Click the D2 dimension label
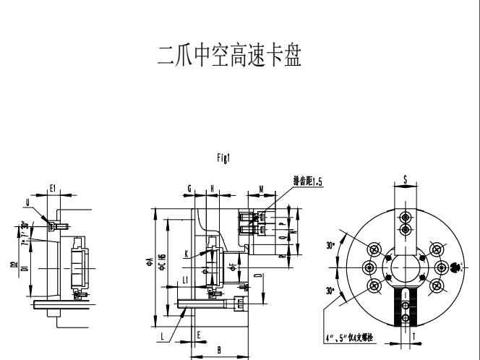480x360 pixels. click(14, 265)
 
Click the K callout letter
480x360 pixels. click(187, 254)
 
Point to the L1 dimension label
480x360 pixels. click(185, 280)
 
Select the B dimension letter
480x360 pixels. click(219, 348)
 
